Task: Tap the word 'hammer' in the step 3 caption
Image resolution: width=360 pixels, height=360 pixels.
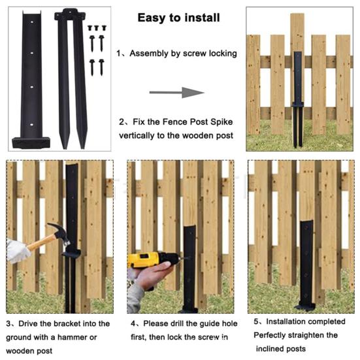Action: pos(90,337)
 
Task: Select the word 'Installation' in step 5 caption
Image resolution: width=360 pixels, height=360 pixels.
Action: pos(287,321)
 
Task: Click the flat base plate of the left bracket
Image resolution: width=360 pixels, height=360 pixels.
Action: pos(30,141)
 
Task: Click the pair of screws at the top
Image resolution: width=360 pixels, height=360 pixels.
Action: pos(97,28)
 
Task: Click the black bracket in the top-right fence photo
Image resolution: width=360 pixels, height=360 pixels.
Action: pos(298,91)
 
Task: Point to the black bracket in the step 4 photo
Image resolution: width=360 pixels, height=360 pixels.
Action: pos(189,268)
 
